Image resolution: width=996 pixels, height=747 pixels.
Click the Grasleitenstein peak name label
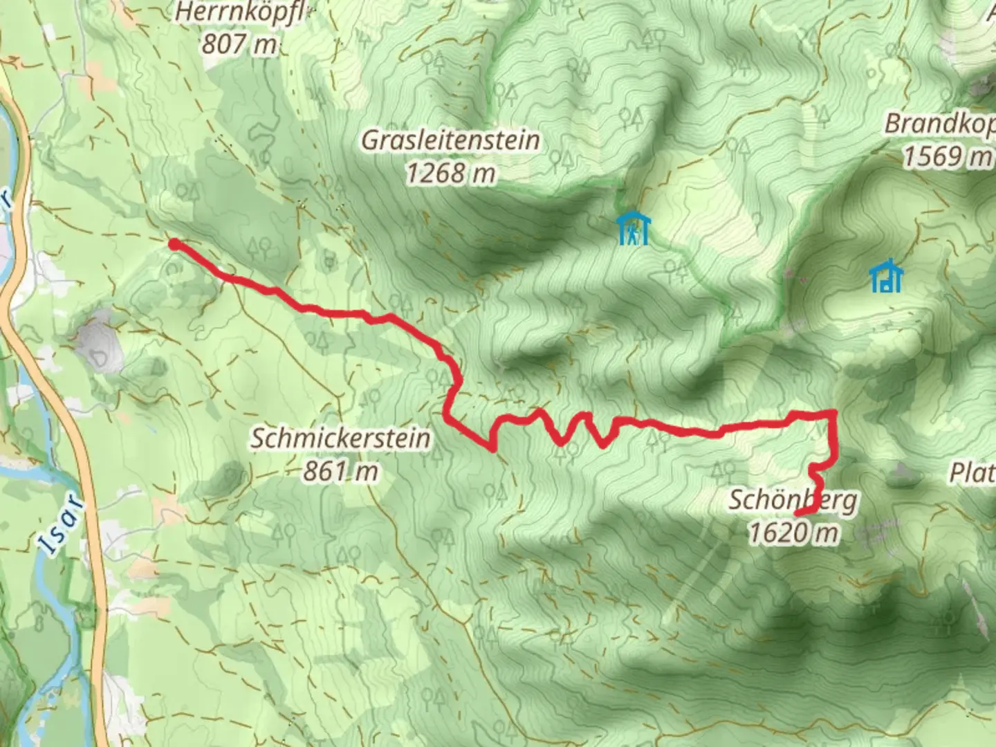(450, 140)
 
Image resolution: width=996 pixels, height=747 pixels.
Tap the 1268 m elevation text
(450, 173)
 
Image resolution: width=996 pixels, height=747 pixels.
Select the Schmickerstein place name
(340, 438)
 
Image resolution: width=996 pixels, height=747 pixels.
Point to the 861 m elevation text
(340, 471)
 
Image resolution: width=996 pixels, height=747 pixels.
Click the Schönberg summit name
(793, 499)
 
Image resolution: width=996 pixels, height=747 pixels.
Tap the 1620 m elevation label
(794, 533)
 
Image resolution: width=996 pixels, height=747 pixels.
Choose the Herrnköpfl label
(239, 12)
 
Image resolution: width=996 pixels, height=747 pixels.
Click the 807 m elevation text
(239, 44)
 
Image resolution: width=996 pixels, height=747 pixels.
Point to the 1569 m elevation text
(946, 157)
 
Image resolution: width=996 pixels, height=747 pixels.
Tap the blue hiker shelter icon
(633, 229)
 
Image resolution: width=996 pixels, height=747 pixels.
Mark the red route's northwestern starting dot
(174, 243)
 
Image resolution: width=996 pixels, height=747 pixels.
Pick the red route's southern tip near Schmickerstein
(492, 449)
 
